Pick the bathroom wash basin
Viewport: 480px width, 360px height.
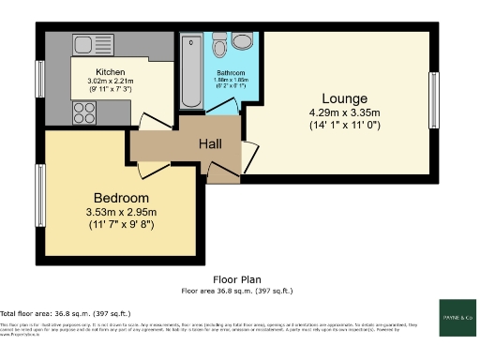(243, 40)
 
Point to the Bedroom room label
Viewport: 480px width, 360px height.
(121, 198)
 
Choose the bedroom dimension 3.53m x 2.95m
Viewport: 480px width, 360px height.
(121, 213)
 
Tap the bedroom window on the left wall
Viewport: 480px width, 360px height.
(40, 187)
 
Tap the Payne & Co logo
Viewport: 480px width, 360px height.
(456, 317)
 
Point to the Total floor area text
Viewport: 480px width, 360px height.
(66, 312)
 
